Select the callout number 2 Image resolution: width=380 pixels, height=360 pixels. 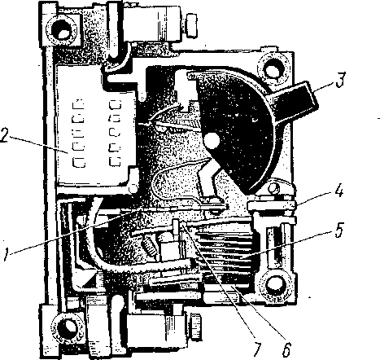[5, 135]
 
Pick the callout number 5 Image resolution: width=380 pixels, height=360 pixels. [339, 230]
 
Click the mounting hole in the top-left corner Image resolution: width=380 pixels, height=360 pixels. [63, 31]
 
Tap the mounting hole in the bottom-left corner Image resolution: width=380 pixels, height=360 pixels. [66, 327]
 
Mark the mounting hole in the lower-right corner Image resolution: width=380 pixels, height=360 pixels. [275, 284]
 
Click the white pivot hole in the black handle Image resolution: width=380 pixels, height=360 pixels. [212, 140]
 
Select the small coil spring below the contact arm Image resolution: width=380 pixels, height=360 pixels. [150, 245]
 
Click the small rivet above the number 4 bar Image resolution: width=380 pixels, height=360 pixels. [274, 187]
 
